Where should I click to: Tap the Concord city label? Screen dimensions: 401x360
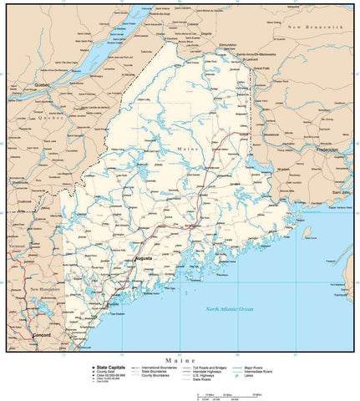(41, 335)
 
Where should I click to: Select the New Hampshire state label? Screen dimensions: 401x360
(47, 289)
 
